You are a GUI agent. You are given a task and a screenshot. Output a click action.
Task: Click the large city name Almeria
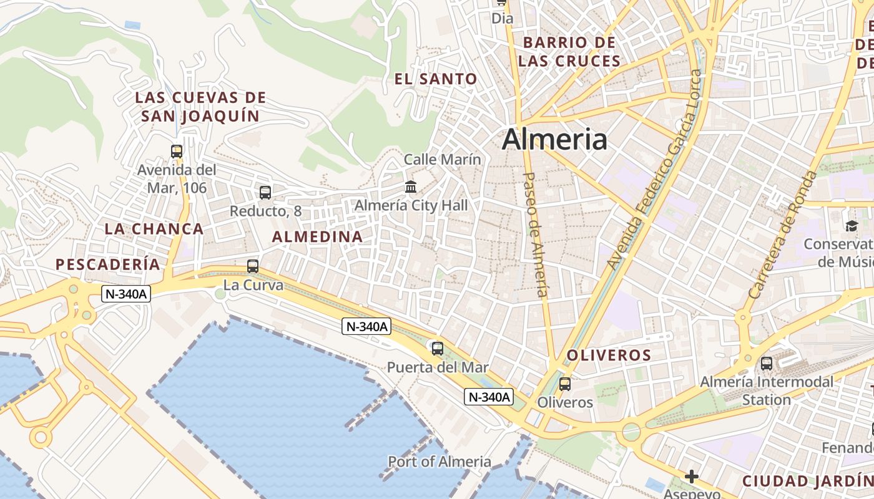pyautogui.click(x=554, y=139)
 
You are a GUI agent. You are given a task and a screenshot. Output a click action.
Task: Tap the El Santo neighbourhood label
pyautogui.click(x=436, y=79)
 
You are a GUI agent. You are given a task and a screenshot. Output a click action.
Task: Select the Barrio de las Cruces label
pyautogui.click(x=569, y=52)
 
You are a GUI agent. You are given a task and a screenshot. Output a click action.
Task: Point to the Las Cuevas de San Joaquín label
pyautogui.click(x=200, y=107)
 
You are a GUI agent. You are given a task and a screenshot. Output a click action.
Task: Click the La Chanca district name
pyautogui.click(x=154, y=229)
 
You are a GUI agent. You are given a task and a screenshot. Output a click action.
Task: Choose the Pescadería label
pyautogui.click(x=108, y=264)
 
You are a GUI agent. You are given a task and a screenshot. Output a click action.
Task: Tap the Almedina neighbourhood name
pyautogui.click(x=317, y=237)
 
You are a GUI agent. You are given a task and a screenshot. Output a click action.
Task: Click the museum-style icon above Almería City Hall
pyautogui.click(x=411, y=187)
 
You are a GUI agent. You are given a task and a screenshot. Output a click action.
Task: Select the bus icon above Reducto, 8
pyautogui.click(x=265, y=192)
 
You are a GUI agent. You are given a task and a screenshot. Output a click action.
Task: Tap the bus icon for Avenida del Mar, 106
pyautogui.click(x=177, y=151)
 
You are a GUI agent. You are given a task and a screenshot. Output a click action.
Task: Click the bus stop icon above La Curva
pyautogui.click(x=253, y=266)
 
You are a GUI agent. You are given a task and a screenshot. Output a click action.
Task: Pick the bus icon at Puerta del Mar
pyautogui.click(x=438, y=348)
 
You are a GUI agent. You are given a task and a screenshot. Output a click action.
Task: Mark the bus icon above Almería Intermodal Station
pyautogui.click(x=767, y=363)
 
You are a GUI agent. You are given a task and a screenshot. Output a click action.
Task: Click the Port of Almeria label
pyautogui.click(x=439, y=462)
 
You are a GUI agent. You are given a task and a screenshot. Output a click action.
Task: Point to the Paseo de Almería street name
pyautogui.click(x=536, y=234)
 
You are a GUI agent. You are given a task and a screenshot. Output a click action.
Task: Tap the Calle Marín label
pyautogui.click(x=443, y=160)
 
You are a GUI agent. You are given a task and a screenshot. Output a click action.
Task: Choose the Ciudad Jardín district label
pyautogui.click(x=808, y=481)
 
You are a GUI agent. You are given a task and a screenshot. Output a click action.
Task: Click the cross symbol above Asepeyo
pyautogui.click(x=692, y=477)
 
